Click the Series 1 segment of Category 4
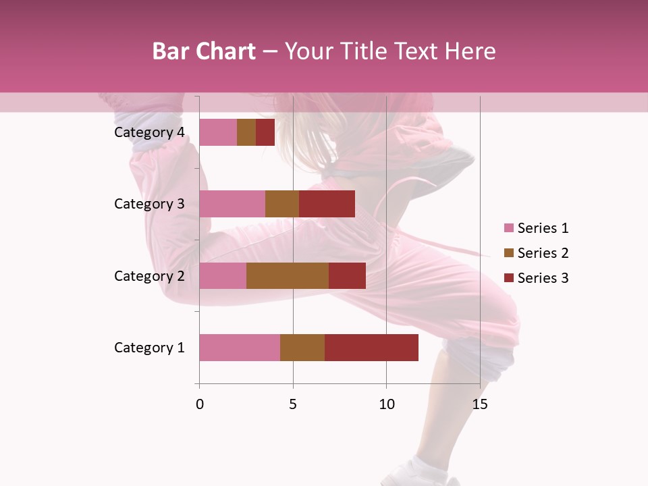coord(218,132)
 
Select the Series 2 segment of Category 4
coord(246,132)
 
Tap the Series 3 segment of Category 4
coord(265,132)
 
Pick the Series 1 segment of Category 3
coord(232,204)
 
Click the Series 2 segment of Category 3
coord(282,204)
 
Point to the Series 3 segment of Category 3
coord(327,204)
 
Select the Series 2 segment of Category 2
coord(288,275)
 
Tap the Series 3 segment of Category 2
coord(347,275)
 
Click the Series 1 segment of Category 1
coord(240,348)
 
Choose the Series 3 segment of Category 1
coord(371,348)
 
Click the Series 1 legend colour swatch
coord(509,228)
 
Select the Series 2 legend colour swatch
coord(509,253)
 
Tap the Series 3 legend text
coord(543,278)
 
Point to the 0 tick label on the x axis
coord(199,404)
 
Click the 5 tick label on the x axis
coord(293,404)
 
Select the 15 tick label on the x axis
coord(479,404)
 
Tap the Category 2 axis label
coord(149,275)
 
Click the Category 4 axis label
coord(149,132)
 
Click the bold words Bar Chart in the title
coord(204,51)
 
